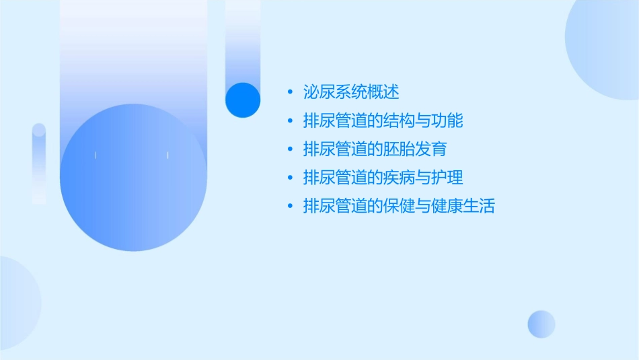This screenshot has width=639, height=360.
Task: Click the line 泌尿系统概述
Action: [351, 92]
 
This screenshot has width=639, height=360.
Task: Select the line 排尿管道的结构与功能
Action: [383, 121]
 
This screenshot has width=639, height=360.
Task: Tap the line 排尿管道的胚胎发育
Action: [375, 149]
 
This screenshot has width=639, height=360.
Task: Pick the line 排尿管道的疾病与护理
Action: [383, 178]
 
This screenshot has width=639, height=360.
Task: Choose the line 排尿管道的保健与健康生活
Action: [398, 207]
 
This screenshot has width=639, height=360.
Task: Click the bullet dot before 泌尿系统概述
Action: [289, 92]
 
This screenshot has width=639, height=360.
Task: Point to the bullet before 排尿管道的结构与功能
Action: [289, 121]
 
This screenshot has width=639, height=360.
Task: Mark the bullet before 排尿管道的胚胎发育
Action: [289, 149]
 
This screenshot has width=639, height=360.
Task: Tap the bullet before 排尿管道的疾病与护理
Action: [289, 178]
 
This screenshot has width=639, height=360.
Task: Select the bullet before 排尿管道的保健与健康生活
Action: [289, 207]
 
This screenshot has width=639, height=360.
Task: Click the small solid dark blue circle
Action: [242, 100]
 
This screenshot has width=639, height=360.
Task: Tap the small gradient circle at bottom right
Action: [541, 324]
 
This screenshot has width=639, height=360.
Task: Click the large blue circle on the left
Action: [133, 178]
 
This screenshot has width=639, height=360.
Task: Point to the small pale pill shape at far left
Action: [39, 163]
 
